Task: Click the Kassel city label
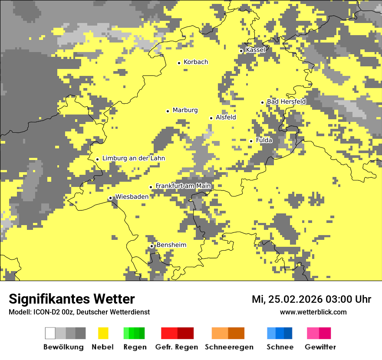[x=255, y=50]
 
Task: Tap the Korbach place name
[x=196, y=62]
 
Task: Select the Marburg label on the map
[x=185, y=110]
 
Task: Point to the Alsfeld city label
[x=226, y=118]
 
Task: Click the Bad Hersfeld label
[x=286, y=101]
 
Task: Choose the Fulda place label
[x=264, y=141]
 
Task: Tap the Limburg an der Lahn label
[x=133, y=158]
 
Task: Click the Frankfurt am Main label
[x=183, y=186]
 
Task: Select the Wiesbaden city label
[x=132, y=196]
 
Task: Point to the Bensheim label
[x=171, y=245]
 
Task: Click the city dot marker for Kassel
[x=241, y=51]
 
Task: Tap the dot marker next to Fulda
[x=251, y=141]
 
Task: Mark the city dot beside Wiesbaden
[x=110, y=198]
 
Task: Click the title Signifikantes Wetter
[x=72, y=299]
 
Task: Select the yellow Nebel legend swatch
[x=103, y=333]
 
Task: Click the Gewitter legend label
[x=320, y=347]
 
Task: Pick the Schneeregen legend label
[x=229, y=347]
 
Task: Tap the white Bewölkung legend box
[x=50, y=333]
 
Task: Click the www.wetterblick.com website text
[x=313, y=312]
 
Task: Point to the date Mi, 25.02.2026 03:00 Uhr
[x=311, y=299]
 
